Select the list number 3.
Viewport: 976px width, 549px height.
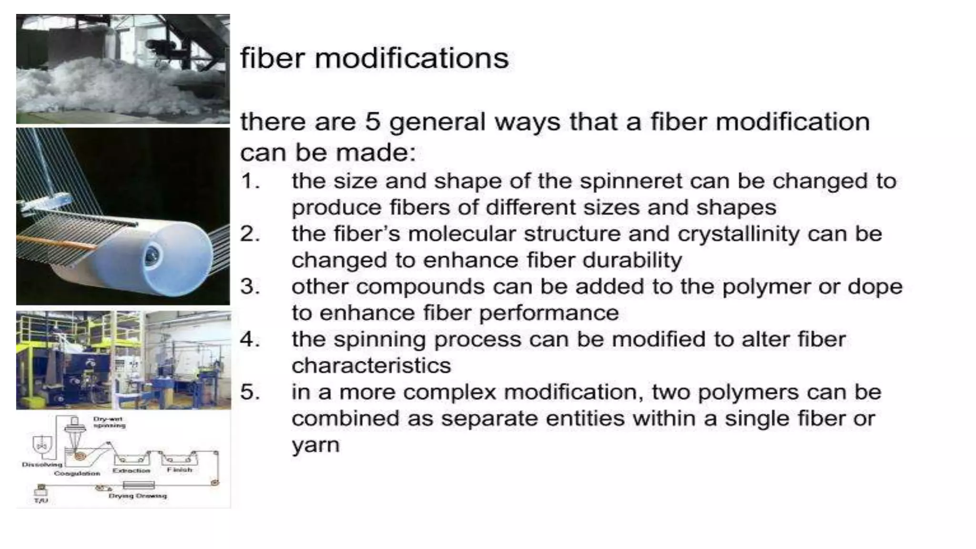[250, 287]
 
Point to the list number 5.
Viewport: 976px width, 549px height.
[250, 393]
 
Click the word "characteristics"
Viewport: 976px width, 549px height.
[371, 366]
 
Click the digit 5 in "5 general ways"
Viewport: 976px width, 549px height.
[372, 122]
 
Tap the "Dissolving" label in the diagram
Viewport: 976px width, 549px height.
[42, 464]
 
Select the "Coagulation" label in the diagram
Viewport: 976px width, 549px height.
[77, 473]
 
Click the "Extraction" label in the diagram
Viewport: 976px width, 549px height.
[131, 470]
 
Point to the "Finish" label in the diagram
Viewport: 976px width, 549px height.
[180, 470]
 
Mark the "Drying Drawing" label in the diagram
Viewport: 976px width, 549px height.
[138, 496]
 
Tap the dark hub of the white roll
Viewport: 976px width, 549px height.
[153, 257]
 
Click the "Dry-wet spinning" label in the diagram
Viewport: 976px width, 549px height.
[109, 422]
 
